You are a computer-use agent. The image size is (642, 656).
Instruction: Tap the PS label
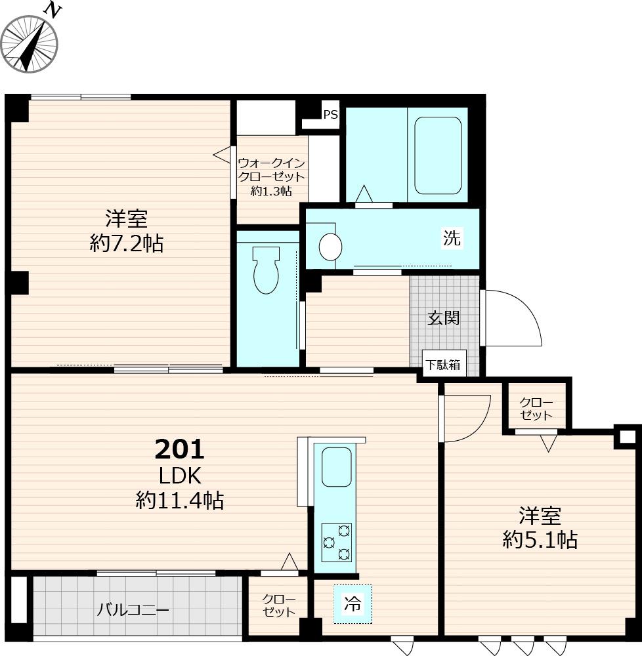pos(331,114)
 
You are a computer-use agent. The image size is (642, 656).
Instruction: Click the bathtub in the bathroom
pos(438,155)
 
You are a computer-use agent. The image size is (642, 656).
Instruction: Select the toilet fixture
pos(266,270)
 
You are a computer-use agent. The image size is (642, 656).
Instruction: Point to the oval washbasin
pos(330,247)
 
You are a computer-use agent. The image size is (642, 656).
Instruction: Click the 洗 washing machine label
pos(452,238)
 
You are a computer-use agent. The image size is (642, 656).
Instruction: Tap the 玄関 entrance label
pos(443,318)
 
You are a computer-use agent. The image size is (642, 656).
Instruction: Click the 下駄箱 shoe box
pos(443,364)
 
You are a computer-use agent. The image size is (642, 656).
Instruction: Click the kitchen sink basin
pos(336,467)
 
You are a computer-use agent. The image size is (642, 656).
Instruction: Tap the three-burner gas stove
pos(336,543)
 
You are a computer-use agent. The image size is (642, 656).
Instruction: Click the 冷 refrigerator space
pos(353,604)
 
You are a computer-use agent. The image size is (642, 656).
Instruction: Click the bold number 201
pos(180,449)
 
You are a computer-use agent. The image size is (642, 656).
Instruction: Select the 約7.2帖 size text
pos(127,243)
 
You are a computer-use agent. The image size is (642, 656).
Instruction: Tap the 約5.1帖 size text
pos(540,540)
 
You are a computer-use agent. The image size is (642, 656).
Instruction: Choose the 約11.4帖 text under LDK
pos(180,500)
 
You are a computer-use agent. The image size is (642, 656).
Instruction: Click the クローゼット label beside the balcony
pos(279,605)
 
